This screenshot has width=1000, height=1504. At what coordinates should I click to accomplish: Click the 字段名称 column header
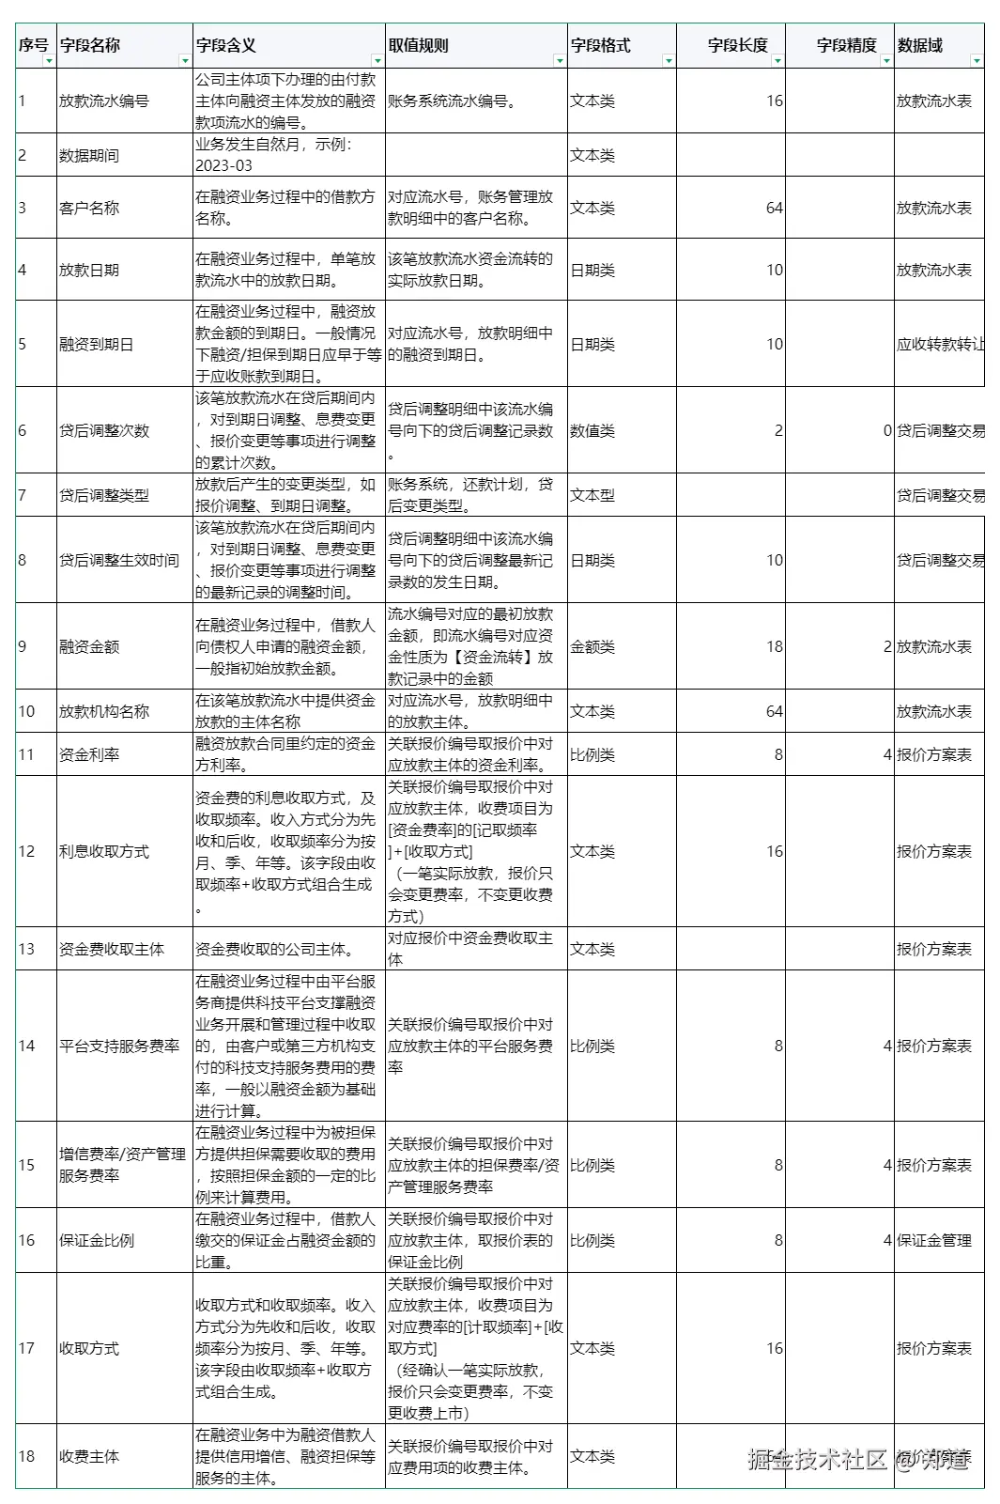tap(90, 45)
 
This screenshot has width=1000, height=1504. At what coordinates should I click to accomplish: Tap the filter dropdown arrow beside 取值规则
tap(560, 61)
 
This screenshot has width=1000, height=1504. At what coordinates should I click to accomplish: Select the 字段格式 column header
tap(601, 45)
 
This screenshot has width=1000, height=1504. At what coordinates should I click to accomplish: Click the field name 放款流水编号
tap(104, 101)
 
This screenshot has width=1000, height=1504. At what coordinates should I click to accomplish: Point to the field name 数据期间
tap(89, 155)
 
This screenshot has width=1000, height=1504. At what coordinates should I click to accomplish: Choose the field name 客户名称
tap(89, 208)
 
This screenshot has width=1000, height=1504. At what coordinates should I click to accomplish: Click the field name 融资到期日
tap(97, 344)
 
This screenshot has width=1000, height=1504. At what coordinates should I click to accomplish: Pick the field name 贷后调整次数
tap(104, 430)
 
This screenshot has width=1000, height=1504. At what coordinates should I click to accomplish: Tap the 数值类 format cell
tap(592, 430)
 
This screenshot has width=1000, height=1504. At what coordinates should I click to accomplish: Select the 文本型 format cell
tap(592, 495)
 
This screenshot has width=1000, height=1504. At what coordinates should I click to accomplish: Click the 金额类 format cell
tap(592, 646)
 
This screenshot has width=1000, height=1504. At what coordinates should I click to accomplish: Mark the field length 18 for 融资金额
tap(774, 646)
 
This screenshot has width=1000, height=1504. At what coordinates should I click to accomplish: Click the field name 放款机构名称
tap(104, 711)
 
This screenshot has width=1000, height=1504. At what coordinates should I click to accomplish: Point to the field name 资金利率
tap(89, 754)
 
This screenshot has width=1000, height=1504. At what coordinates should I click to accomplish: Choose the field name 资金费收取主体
tap(112, 949)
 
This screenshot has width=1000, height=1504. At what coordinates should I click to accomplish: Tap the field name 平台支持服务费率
tap(119, 1046)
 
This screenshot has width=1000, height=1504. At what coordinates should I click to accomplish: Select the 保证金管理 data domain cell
tap(934, 1240)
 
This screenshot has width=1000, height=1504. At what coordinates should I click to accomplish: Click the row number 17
tap(26, 1348)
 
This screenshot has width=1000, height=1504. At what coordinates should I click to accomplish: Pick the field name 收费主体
tap(89, 1456)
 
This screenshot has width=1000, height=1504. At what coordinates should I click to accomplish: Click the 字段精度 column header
tap(846, 45)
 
